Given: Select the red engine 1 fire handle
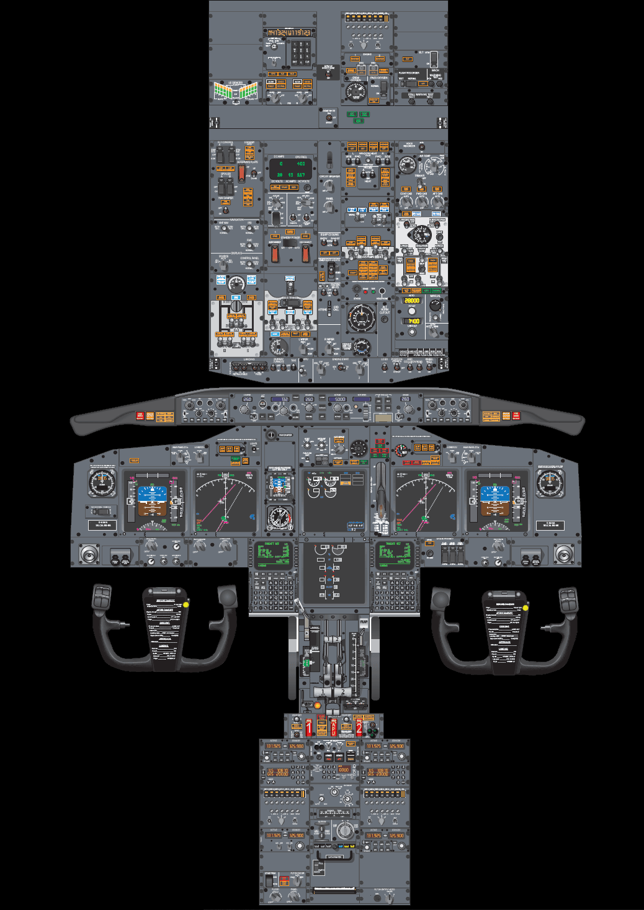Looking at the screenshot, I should pos(309,727).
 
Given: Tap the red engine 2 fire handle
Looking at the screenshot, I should pos(359,727).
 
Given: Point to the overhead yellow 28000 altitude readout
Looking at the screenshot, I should pos(412,301).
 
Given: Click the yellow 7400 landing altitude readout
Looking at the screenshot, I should pos(413,321).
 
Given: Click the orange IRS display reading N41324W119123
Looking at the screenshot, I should pos(289,32).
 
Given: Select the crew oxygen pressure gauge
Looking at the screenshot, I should pos(356,92).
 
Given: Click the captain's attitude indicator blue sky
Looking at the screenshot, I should pos(151,494).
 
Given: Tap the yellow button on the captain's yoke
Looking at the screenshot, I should pos(186,603).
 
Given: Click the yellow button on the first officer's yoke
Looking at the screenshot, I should pos(525,607).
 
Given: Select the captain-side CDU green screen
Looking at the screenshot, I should pos(272,554).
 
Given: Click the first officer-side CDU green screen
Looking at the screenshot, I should pos(394,554).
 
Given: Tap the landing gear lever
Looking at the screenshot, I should pos(380,490).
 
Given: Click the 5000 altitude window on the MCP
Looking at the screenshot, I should pos(340,399).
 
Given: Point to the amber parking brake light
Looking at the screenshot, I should pos(317,705).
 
